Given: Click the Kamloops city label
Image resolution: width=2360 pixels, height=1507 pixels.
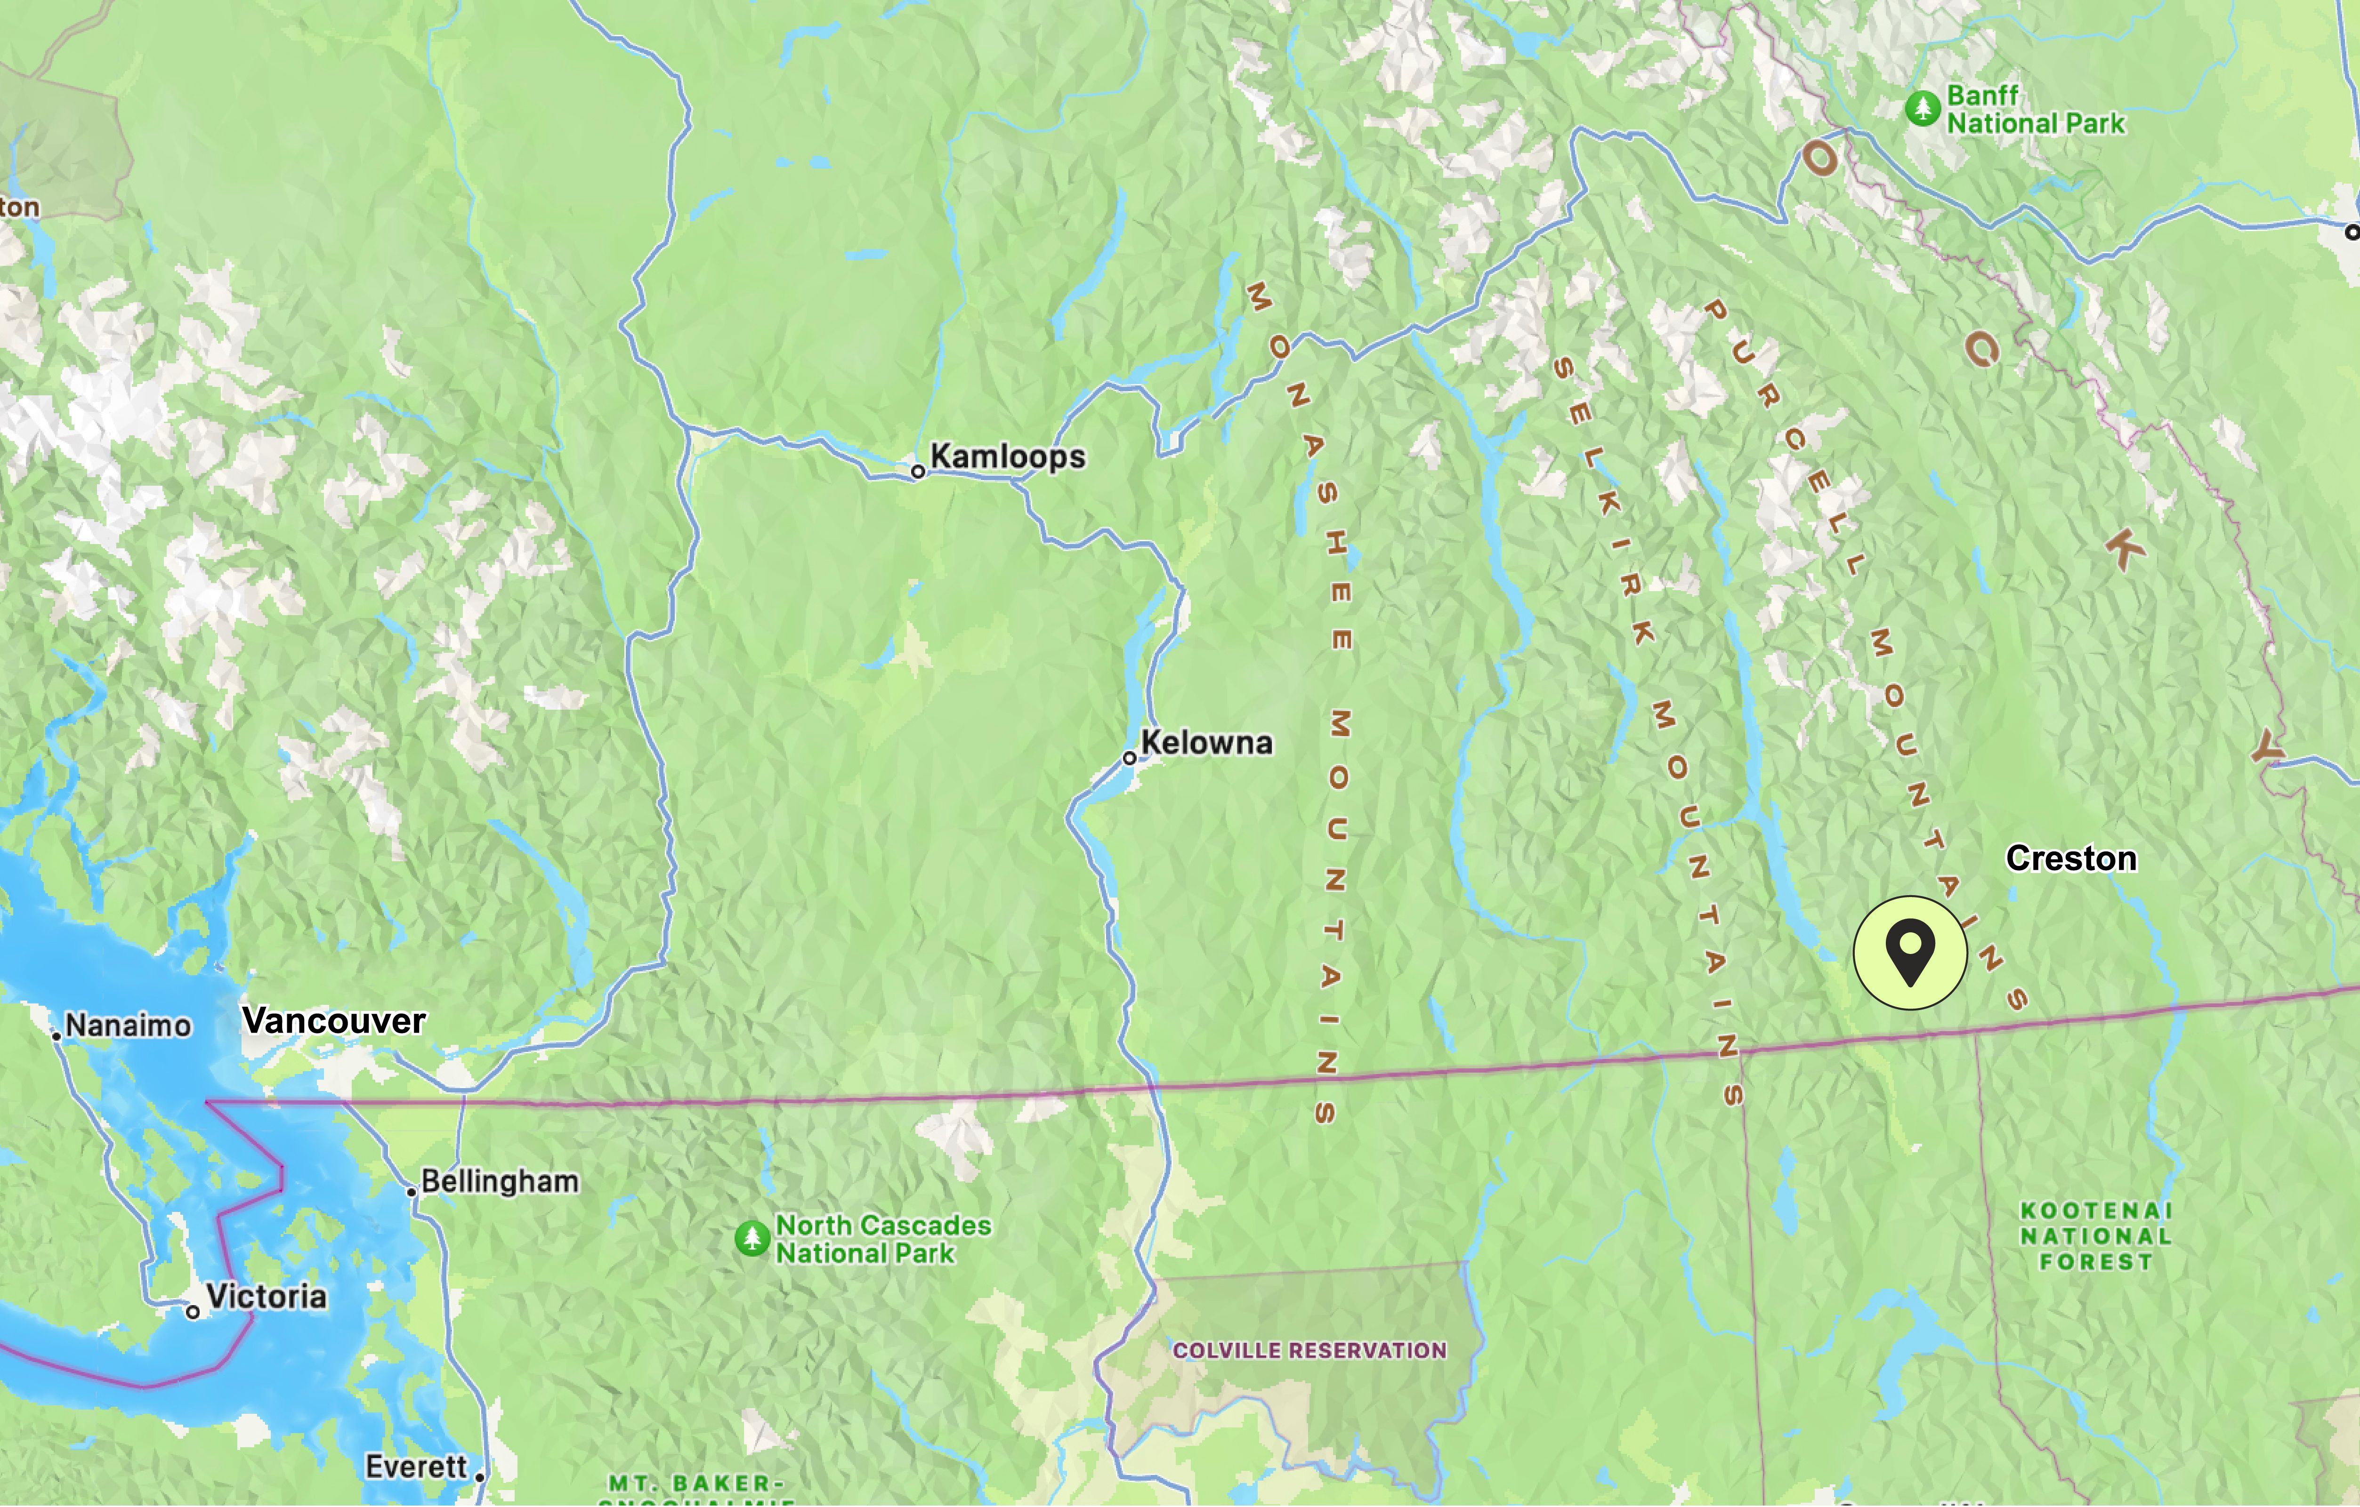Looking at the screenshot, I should (x=1008, y=457).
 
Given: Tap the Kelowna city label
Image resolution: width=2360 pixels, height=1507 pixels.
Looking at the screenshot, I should (x=1206, y=743).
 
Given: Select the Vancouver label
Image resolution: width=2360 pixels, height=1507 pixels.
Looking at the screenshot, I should (x=333, y=1021).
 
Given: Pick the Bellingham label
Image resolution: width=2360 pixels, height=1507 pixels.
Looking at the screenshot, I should (x=500, y=1182).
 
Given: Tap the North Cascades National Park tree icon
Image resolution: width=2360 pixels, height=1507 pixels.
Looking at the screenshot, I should (x=752, y=1239).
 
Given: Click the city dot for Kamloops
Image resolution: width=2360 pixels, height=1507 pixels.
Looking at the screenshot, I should (x=918, y=471).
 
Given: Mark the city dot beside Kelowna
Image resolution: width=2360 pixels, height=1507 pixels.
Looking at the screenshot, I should (x=1129, y=757).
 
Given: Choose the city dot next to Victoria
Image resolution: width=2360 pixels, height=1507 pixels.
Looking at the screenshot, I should (x=193, y=1312).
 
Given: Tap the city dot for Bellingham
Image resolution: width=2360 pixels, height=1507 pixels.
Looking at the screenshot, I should (x=412, y=1192).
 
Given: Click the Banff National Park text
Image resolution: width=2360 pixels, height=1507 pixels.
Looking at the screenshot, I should (x=2036, y=110).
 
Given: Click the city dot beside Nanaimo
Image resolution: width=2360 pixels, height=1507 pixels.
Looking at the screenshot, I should (x=57, y=1036).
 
